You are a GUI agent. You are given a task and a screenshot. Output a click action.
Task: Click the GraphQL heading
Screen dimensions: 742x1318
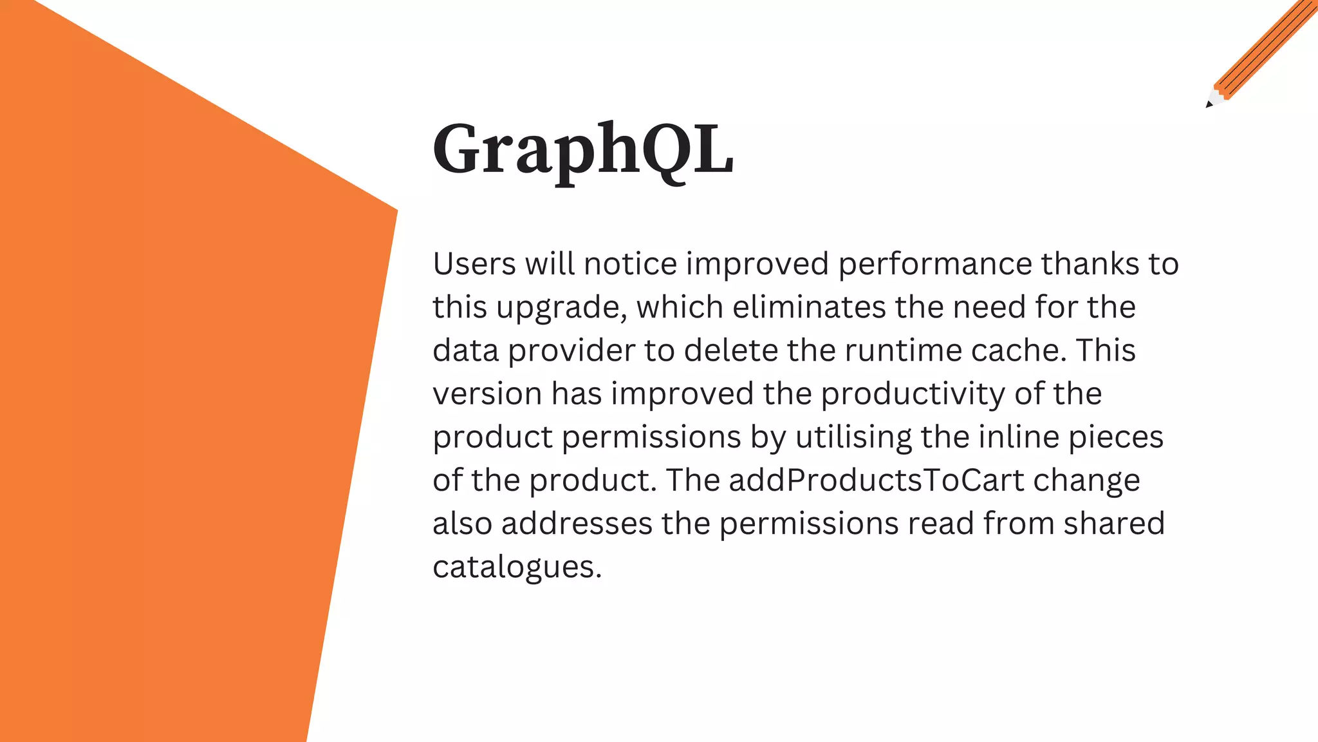point(583,149)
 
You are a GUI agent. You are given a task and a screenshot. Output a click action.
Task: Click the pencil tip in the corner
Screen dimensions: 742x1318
point(1209,104)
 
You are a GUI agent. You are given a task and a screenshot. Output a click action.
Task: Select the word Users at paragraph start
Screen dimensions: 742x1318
point(474,264)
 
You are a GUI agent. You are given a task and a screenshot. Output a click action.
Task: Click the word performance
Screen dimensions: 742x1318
point(935,264)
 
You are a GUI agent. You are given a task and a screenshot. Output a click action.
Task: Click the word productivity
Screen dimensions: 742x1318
point(913,394)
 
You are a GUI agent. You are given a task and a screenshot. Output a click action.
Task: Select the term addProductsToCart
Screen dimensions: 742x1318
point(876,480)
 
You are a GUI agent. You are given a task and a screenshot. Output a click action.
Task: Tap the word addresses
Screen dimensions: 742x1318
point(577,524)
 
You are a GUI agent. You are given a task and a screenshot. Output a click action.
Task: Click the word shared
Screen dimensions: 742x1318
point(1113,524)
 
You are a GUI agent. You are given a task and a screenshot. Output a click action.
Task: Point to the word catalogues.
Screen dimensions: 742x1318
point(517,567)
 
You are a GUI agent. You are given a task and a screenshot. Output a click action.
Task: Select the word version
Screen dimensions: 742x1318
point(487,394)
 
